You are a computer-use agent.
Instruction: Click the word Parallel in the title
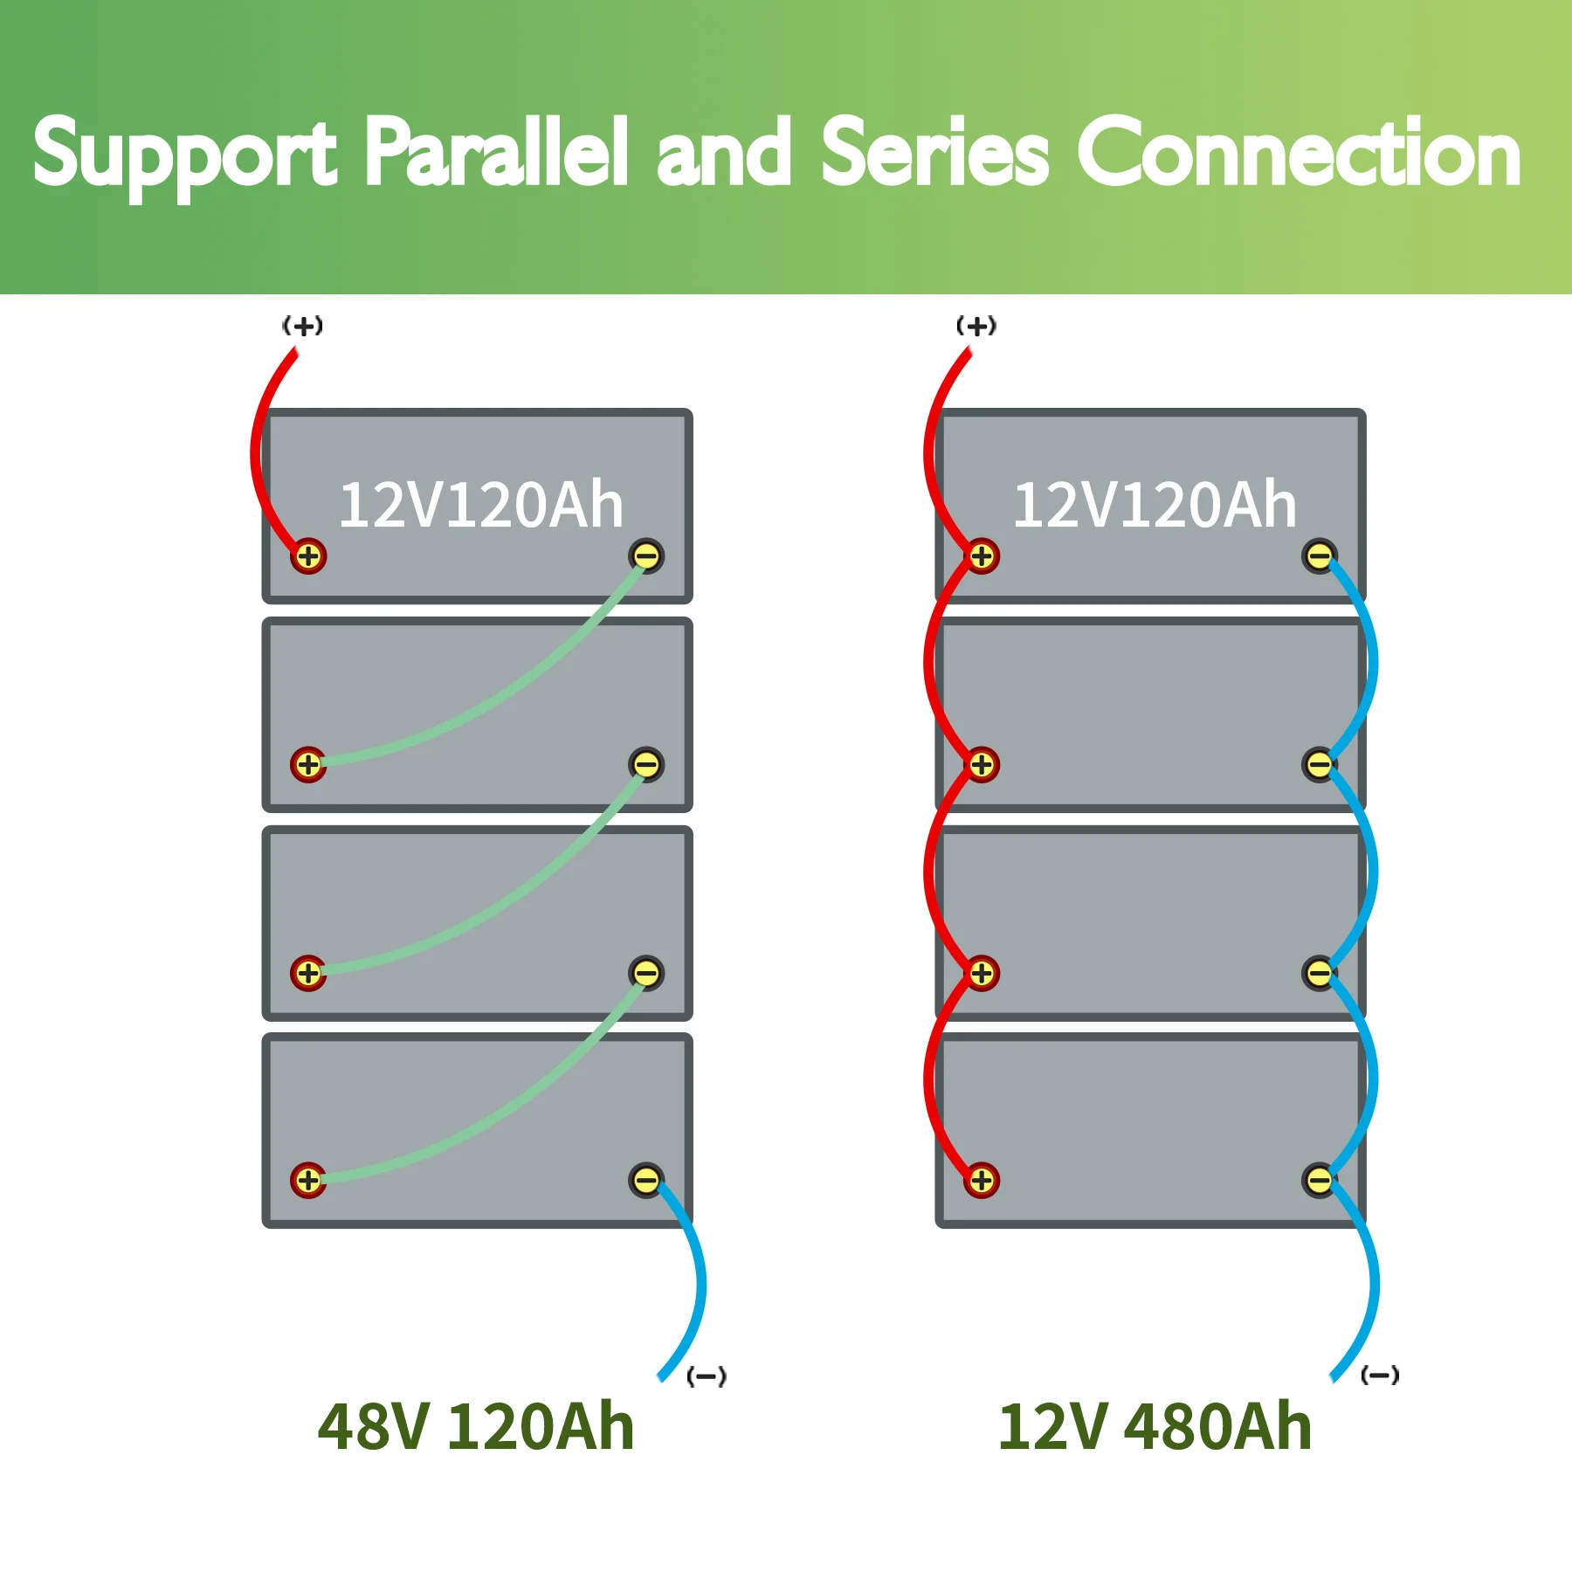click(x=496, y=154)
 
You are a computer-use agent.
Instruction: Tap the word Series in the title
click(x=934, y=154)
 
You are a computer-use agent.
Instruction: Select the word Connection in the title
click(x=1300, y=154)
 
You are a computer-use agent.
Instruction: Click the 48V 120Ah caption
click(x=476, y=1427)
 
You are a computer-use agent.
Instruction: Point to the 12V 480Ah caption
click(x=1155, y=1427)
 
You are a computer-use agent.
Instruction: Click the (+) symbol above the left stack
click(x=303, y=327)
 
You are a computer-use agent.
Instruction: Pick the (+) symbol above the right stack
click(x=976, y=327)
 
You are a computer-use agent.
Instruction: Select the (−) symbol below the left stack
click(x=707, y=1377)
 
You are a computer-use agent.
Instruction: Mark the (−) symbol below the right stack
click(x=1380, y=1375)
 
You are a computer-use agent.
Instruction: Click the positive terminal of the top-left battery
click(x=308, y=555)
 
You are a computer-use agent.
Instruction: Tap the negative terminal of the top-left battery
click(x=646, y=555)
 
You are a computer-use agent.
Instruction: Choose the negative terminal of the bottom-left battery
click(x=646, y=1181)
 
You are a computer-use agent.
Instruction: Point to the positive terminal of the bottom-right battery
click(x=982, y=1181)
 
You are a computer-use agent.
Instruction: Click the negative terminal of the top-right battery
click(x=1320, y=555)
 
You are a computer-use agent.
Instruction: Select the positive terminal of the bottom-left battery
click(x=308, y=1181)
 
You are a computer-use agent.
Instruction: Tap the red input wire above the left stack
click(x=259, y=437)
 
